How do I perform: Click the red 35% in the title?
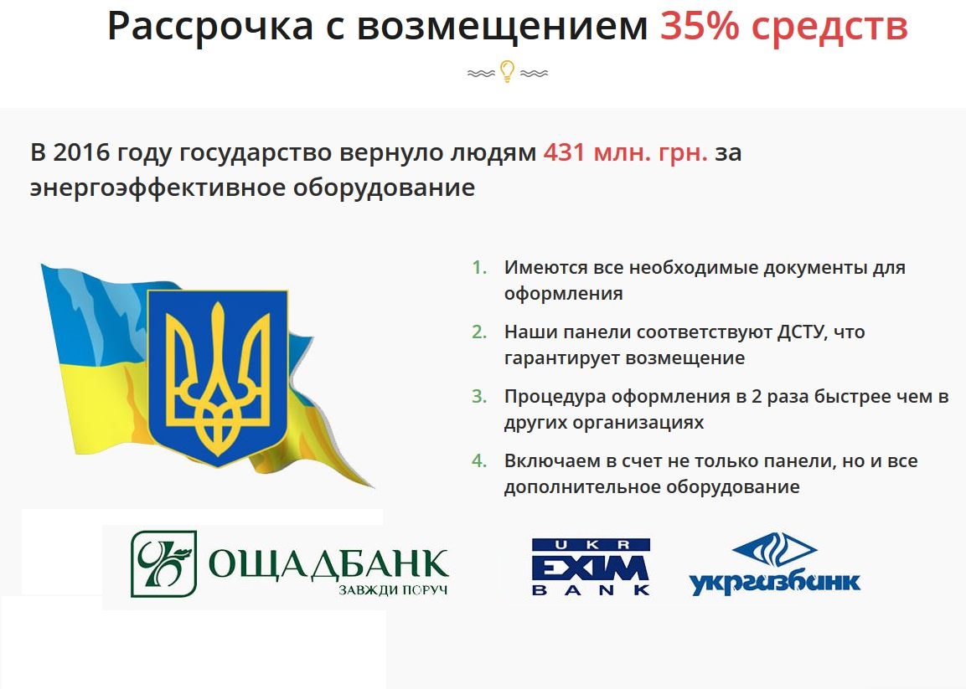[699, 27]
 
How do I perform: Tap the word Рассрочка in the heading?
[210, 28]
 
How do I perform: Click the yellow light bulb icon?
[507, 71]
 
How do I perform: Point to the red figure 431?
[564, 152]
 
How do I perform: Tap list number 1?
[479, 267]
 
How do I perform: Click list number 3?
[479, 396]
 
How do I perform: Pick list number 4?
[479, 460]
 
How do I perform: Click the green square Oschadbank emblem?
[164, 564]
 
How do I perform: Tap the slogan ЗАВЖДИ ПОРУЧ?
[393, 590]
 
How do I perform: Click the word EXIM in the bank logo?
[590, 568]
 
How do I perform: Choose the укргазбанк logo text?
[774, 582]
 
